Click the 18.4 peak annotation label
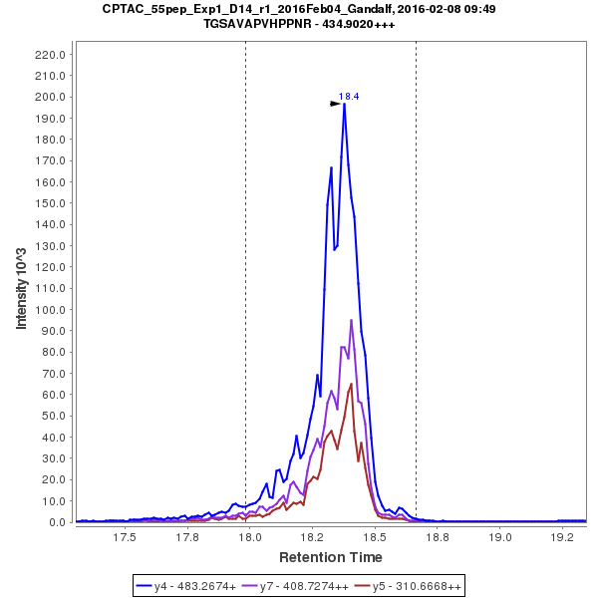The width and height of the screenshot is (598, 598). [349, 96]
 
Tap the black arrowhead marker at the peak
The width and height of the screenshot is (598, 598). [337, 103]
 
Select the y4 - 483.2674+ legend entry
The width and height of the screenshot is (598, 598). [191, 585]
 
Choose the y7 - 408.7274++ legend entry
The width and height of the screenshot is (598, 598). [299, 585]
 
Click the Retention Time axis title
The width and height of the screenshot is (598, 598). [330, 556]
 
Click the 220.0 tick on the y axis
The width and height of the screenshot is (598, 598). [51, 54]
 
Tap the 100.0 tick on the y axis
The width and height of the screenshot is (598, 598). [51, 309]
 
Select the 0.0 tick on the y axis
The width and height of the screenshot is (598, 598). [58, 521]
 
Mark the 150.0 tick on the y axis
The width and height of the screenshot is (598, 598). [51, 202]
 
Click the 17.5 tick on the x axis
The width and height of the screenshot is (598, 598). [124, 536]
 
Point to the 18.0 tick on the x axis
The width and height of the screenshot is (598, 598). [250, 536]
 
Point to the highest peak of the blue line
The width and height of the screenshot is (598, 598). [344, 104]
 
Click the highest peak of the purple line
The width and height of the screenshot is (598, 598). [351, 320]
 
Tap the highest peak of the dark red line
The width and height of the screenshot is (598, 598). [352, 384]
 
